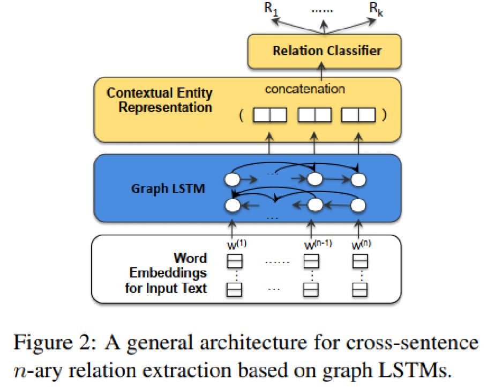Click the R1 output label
pos(271,9)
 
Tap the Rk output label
pos(376,9)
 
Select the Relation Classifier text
pos(327,50)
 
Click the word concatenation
pos(305,89)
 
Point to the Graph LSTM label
pos(168,189)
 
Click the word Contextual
pos(139,93)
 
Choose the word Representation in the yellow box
pos(165,107)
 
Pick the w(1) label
pos(237,245)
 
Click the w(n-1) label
pos(318,245)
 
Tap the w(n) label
pos(361,245)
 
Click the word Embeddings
pos(168,273)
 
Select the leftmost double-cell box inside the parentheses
pos(270,115)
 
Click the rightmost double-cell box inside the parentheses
pos(358,115)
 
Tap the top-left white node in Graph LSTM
pos(233,180)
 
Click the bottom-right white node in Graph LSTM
pos(358,206)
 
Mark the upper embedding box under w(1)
pos(235,261)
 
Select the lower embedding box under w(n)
pos(360,290)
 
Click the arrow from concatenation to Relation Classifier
pos(322,72)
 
